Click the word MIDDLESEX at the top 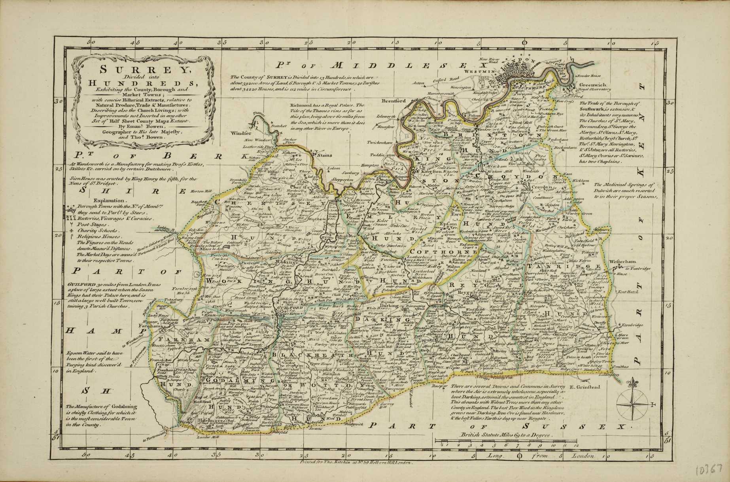pyautogui.click(x=407, y=64)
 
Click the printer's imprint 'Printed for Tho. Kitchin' pyautogui.click(x=354, y=461)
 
